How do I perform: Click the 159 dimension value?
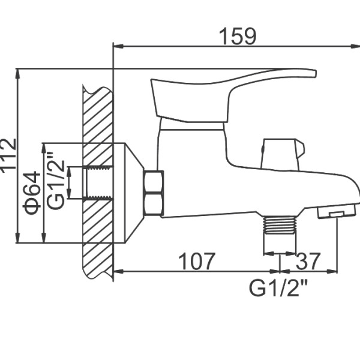tap(237, 36)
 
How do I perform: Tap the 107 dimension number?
tap(197, 261)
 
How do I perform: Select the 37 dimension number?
tap(308, 261)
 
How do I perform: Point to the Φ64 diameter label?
tap(32, 193)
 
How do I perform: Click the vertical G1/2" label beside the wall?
tap(56, 180)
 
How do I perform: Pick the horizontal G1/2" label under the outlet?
tap(278, 288)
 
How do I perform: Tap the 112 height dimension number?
tap(8, 154)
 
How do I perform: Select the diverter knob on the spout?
tap(283, 154)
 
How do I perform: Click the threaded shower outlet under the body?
tap(280, 225)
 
